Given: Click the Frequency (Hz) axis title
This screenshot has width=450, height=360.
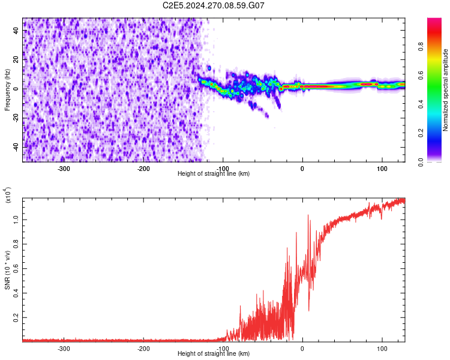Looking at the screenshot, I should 7,89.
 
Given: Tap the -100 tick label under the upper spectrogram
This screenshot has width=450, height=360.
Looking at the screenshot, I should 223,168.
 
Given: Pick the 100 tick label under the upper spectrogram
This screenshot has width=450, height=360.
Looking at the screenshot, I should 382,168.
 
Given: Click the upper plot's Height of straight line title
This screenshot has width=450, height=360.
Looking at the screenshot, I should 214,174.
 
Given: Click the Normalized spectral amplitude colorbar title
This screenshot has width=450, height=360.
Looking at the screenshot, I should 446,90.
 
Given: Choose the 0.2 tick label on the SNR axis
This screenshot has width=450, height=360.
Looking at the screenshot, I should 14,317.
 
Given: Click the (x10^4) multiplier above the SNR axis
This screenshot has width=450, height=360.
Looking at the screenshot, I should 8,196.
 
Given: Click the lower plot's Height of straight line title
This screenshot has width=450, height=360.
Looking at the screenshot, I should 214,354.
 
